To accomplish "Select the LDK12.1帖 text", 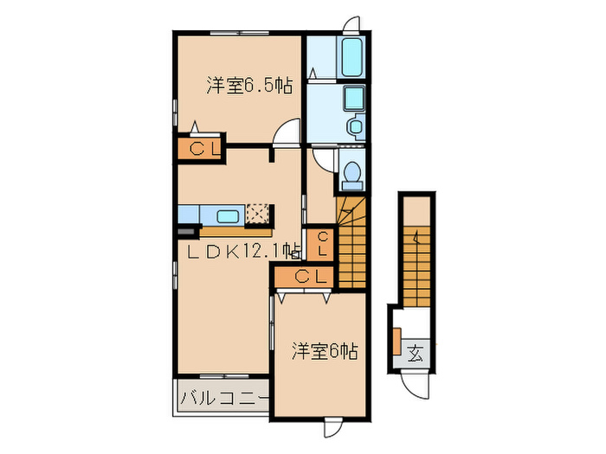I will tap(244, 252).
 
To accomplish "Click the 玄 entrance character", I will tap(416, 353).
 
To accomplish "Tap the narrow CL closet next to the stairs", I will tap(321, 243).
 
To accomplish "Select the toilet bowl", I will tap(351, 177).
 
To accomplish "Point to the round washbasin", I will tap(355, 126).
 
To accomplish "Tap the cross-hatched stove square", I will tap(258, 214).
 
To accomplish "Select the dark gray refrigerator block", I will tap(185, 232).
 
